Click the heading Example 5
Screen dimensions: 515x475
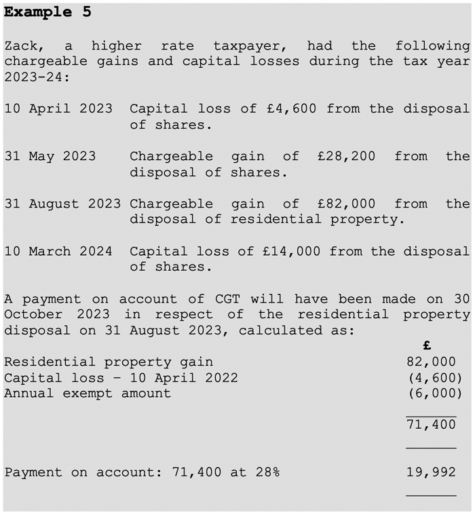tap(47, 12)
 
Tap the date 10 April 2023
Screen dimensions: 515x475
tap(58, 109)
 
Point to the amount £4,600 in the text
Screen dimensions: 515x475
tap(290, 109)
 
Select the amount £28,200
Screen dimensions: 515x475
tap(346, 156)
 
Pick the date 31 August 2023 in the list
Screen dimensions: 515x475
tap(62, 204)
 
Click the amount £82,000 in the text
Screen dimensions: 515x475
tap(346, 204)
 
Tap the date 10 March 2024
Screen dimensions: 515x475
tap(58, 251)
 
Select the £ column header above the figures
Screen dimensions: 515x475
tap(427, 346)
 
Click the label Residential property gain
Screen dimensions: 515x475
tap(109, 362)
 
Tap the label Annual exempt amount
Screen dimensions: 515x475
tap(88, 393)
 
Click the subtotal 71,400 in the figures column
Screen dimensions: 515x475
tap(431, 425)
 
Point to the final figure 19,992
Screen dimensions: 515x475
tap(431, 472)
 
